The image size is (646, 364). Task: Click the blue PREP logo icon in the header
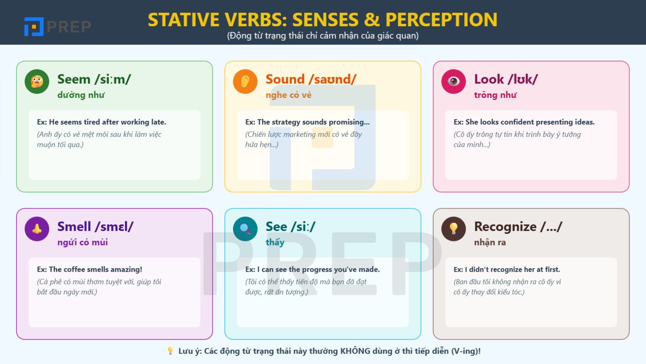pos(34,27)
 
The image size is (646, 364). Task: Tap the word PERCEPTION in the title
pos(441,20)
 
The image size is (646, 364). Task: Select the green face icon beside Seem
pos(37,81)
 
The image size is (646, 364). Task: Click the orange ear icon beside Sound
pos(245,81)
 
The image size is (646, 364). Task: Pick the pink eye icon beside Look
pos(453,81)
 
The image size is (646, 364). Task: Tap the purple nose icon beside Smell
pos(37,229)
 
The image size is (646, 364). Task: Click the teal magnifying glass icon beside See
pos(245,229)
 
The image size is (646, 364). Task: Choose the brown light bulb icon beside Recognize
pos(453,229)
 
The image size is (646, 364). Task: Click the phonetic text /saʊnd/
pos(333,79)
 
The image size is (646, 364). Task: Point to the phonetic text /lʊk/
pos(523,79)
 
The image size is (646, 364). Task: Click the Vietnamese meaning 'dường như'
pos(81,95)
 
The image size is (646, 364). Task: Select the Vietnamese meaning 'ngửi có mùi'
pos(82,242)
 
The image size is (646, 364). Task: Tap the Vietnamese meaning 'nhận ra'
pos(490,242)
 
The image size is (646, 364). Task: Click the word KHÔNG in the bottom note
pos(355,351)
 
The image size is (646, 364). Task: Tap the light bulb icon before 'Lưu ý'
pos(170,351)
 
